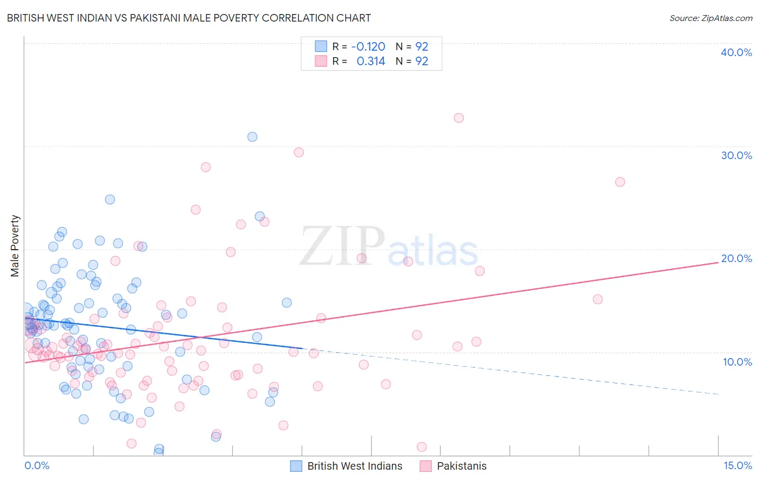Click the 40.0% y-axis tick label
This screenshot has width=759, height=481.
coord(736,52)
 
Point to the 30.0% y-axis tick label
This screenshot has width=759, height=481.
coord(736,155)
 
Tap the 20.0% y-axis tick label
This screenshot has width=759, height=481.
coord(736,258)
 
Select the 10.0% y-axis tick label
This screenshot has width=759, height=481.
coord(737,362)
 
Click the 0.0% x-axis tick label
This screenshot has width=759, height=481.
coord(37,466)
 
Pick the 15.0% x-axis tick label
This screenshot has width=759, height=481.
coord(737,466)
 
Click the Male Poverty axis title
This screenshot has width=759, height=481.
coord(15,246)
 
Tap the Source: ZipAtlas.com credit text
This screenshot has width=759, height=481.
coord(710,18)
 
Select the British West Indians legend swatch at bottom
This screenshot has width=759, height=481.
coord(296,466)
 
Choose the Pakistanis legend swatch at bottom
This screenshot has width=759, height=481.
coord(426,466)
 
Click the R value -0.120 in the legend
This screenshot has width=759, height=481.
coord(368,47)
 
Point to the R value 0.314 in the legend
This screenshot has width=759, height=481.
coord(371,61)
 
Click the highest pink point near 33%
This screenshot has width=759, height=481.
coord(459,118)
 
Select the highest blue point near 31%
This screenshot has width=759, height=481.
coord(252,137)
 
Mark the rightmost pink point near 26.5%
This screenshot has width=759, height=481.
coord(620,182)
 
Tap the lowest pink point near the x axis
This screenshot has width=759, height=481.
coord(422,446)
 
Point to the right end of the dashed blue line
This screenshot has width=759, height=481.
coord(718,394)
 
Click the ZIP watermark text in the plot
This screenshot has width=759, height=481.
coord(342,246)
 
